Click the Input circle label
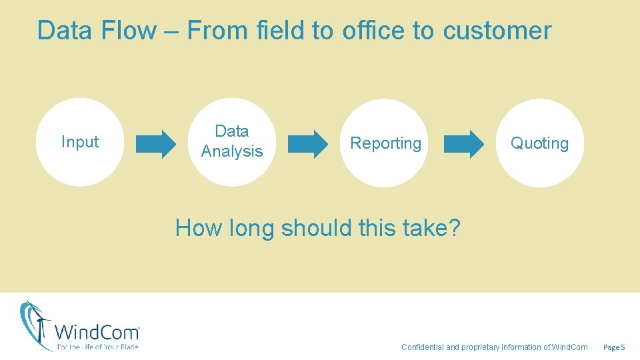coord(80,142)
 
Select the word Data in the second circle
coord(232,131)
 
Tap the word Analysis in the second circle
coord(232,151)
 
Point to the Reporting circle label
coord(385,143)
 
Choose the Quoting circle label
coord(539,143)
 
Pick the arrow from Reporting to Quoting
coord(465,143)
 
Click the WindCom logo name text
coord(97,332)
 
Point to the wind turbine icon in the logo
coord(37,325)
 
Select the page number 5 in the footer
coord(623,347)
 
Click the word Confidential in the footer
coord(422,347)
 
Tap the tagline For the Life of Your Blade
coord(97,347)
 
